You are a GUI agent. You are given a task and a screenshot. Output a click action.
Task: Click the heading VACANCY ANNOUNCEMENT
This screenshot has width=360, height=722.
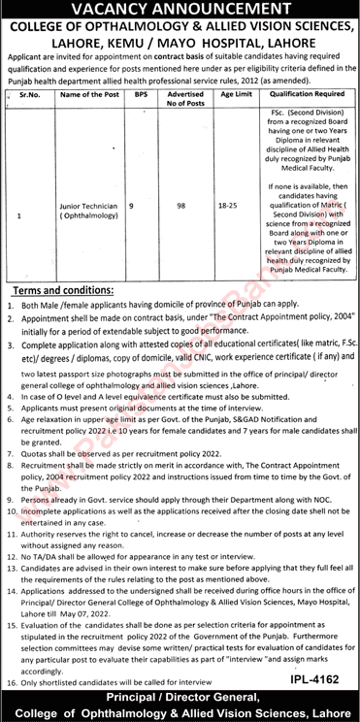[179, 9]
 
